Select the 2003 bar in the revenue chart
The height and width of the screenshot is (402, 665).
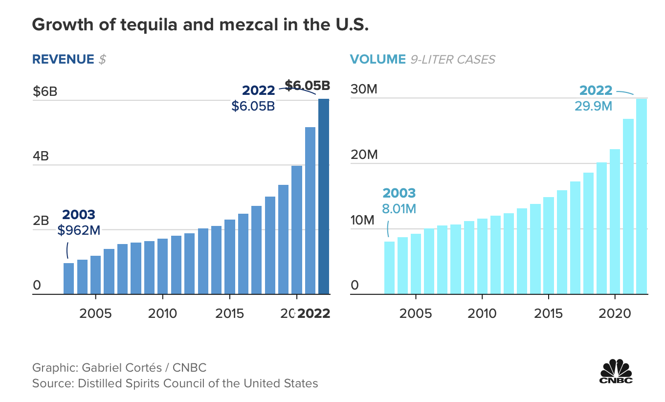coord(69,279)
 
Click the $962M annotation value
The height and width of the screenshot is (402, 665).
coord(79,230)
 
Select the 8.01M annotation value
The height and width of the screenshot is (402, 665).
coord(399,209)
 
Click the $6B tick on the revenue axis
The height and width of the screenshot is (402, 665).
coord(45,91)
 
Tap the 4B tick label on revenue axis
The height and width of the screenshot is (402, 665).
coord(41,156)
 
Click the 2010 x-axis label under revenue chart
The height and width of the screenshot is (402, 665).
coord(162,313)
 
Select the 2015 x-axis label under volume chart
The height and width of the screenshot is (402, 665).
coord(549,313)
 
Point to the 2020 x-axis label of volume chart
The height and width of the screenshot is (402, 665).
coord(615,313)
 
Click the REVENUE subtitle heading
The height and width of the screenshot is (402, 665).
coord(63,59)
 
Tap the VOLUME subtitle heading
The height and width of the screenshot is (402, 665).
coord(377,59)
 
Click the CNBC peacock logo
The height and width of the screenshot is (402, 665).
coord(616,371)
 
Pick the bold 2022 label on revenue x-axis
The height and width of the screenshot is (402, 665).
coord(314,313)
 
